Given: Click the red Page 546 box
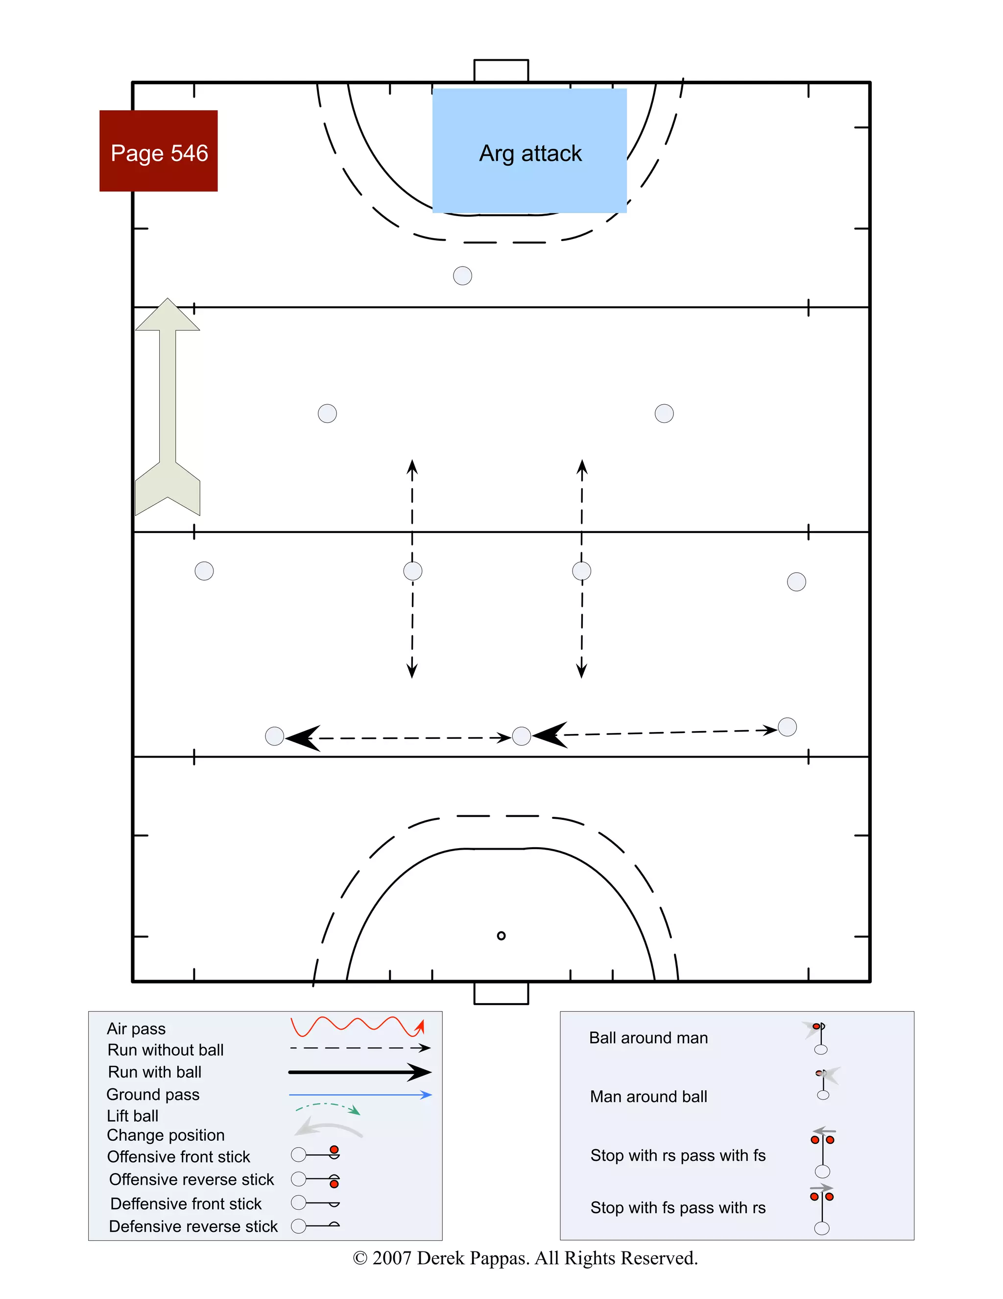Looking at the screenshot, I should (x=158, y=151).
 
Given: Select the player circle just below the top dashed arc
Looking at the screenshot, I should (x=462, y=275).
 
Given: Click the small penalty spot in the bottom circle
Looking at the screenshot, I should (x=501, y=935).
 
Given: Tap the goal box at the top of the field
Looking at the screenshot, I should (x=501, y=70).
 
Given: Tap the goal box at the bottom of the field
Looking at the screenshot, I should (x=501, y=993).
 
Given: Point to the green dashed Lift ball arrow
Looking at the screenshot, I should (x=328, y=1107).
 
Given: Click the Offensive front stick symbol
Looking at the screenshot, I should (x=315, y=1154).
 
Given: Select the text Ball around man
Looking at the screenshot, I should (x=648, y=1038).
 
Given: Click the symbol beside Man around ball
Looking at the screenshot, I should (x=824, y=1084).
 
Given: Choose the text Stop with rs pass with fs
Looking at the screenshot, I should (x=678, y=1155).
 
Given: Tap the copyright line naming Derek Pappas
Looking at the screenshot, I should (x=525, y=1258).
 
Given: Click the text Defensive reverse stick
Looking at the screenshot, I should (x=193, y=1226).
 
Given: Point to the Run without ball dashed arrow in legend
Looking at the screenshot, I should (x=359, y=1048).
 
